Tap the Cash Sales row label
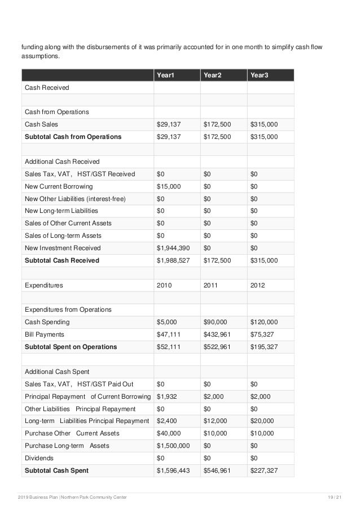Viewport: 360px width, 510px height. coord(41,124)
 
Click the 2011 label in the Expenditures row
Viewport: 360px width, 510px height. coord(210,285)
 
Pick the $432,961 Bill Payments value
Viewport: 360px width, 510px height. coord(217,334)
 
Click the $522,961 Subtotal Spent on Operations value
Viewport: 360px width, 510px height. coord(217,347)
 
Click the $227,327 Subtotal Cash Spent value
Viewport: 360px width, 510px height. coord(264,470)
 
